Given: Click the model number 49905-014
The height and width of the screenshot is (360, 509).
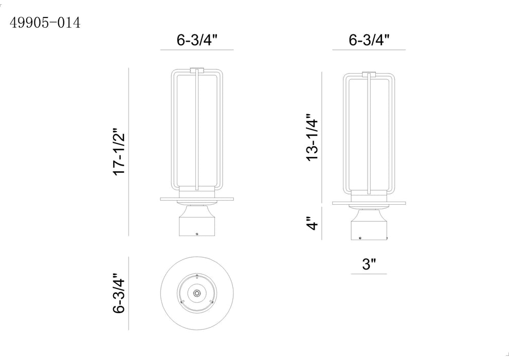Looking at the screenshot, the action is tap(45, 23).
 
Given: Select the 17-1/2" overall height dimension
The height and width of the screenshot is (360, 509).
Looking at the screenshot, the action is tap(119, 154).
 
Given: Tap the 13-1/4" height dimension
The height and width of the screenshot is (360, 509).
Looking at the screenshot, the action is tap(312, 137).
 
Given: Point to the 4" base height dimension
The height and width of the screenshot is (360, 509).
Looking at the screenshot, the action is tap(312, 224).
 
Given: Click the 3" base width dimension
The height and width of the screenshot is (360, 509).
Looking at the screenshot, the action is tap(369, 264).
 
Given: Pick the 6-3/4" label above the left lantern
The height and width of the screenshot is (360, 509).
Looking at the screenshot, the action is tap(197, 40).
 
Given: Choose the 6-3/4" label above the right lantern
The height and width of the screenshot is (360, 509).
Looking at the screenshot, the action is tap(369, 40).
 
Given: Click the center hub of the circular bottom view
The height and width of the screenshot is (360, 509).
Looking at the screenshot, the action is tap(197, 294).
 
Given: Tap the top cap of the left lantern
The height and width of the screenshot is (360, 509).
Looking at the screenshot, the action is tap(197, 70).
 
